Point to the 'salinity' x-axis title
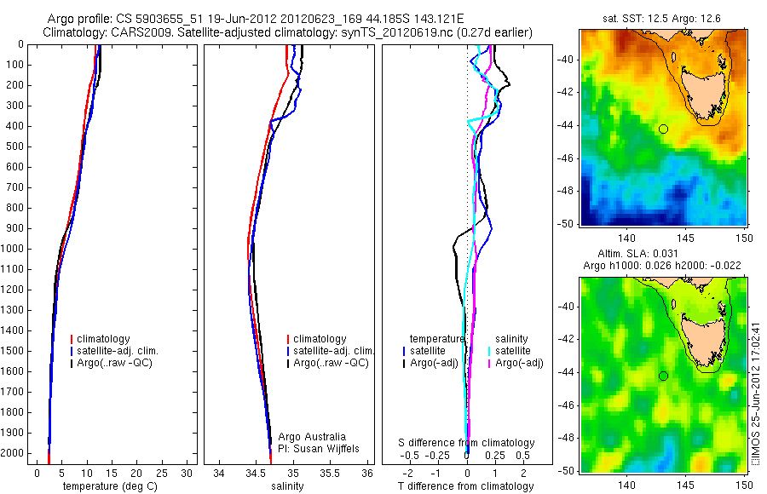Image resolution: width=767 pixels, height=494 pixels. tap(288, 486)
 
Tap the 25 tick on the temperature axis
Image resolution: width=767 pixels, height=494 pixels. tap(160, 474)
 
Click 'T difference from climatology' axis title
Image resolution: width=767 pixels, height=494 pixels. tap(467, 486)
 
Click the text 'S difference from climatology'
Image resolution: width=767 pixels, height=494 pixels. tap(467, 443)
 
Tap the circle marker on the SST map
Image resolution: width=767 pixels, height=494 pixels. tap(663, 129)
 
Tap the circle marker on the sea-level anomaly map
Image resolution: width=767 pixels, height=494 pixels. tap(663, 376)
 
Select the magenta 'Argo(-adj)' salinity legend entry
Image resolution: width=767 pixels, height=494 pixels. tap(519, 363)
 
